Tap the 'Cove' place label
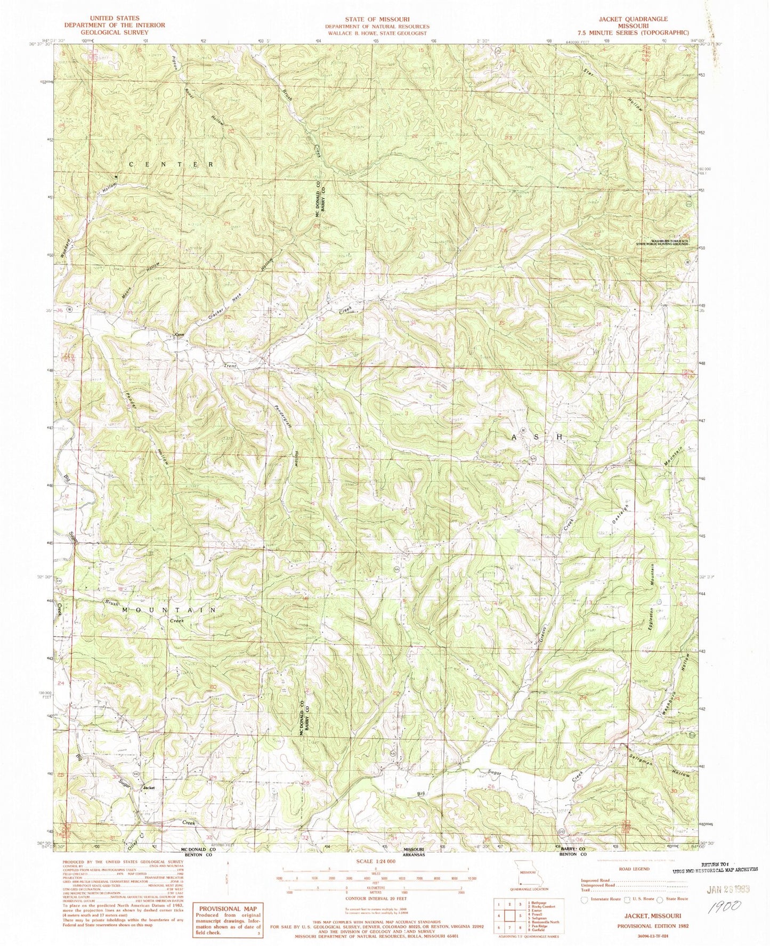[x=180, y=335]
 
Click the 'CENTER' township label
[x=170, y=164]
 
